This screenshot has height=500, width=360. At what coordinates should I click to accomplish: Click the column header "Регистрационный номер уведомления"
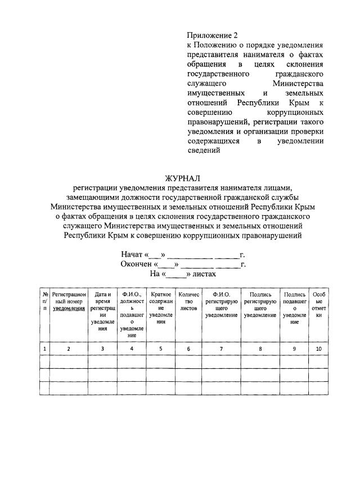[x=69, y=301]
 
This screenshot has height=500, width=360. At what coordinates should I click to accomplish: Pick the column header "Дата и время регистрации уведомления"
[x=102, y=311]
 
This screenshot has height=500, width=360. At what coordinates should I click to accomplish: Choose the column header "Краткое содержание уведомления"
[x=160, y=308]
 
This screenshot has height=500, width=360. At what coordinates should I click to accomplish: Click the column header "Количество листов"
[x=188, y=301]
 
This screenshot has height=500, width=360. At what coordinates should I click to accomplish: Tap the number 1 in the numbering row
[x=44, y=349]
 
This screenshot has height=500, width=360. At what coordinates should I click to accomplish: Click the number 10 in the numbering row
[x=318, y=349]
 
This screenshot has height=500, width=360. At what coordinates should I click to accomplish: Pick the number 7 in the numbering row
[x=221, y=349]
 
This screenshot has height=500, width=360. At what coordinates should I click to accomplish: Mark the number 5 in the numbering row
[x=160, y=349]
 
